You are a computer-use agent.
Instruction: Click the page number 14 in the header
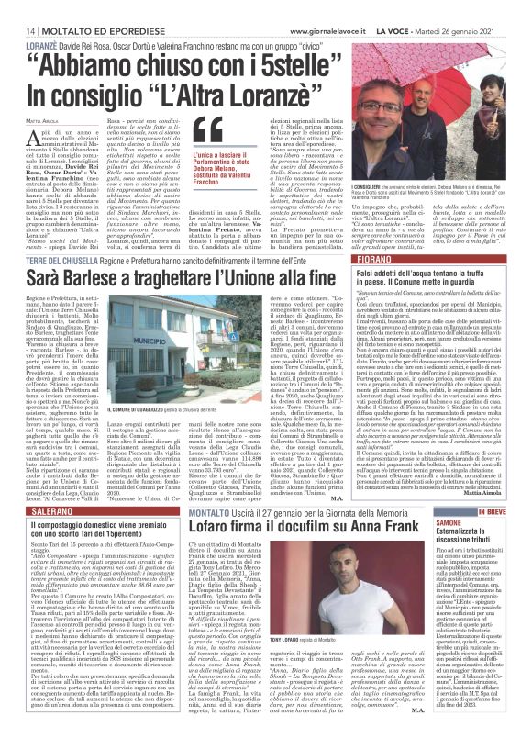(17, 7)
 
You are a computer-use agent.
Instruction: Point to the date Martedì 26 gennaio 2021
(479, 7)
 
